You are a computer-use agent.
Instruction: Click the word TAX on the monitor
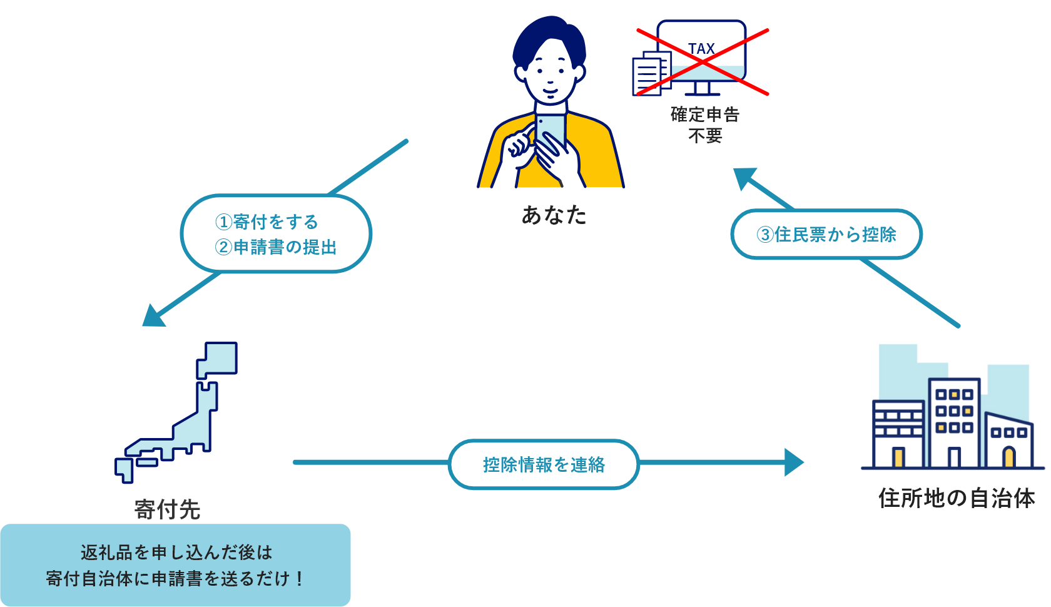click(701, 49)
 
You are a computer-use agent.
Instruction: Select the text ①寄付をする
click(267, 222)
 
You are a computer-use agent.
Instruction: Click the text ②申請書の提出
click(275, 247)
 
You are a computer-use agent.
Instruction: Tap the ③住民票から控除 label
click(826, 235)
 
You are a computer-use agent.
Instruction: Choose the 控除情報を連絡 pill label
click(544, 464)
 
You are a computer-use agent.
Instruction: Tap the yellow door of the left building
click(898, 457)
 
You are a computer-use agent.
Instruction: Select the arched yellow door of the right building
click(1008, 457)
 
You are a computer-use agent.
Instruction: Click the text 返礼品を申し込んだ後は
click(176, 552)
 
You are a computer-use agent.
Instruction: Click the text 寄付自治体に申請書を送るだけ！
click(175, 578)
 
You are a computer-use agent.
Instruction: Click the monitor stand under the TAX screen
click(702, 88)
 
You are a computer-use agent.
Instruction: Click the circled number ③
click(764, 235)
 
